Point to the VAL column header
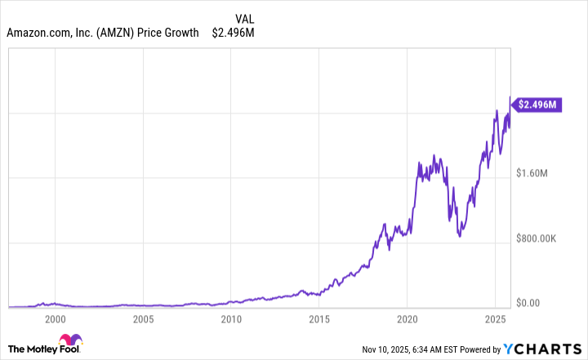point(243,18)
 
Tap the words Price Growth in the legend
point(171,33)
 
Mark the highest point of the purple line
point(510,97)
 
